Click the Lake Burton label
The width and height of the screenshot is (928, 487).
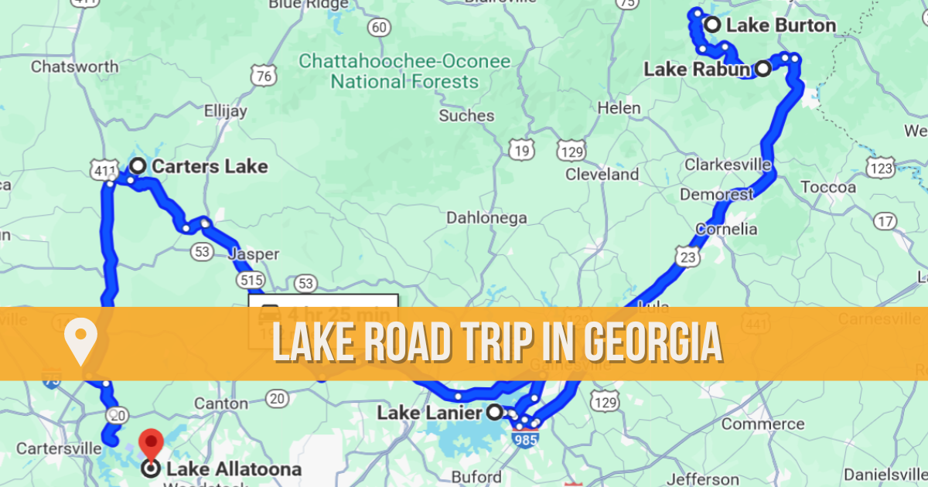click(x=781, y=26)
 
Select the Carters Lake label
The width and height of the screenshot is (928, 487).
click(x=210, y=166)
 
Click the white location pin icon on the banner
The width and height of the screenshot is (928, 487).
click(x=80, y=342)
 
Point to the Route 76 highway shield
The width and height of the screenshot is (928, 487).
click(x=264, y=76)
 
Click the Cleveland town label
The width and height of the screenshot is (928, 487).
click(x=602, y=174)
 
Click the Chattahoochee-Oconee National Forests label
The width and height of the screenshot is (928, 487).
click(x=404, y=71)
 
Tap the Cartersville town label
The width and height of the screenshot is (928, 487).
click(x=60, y=448)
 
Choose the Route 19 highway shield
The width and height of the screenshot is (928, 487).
click(x=522, y=149)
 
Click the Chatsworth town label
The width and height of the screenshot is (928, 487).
click(x=74, y=66)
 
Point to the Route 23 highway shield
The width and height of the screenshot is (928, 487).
click(x=687, y=256)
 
